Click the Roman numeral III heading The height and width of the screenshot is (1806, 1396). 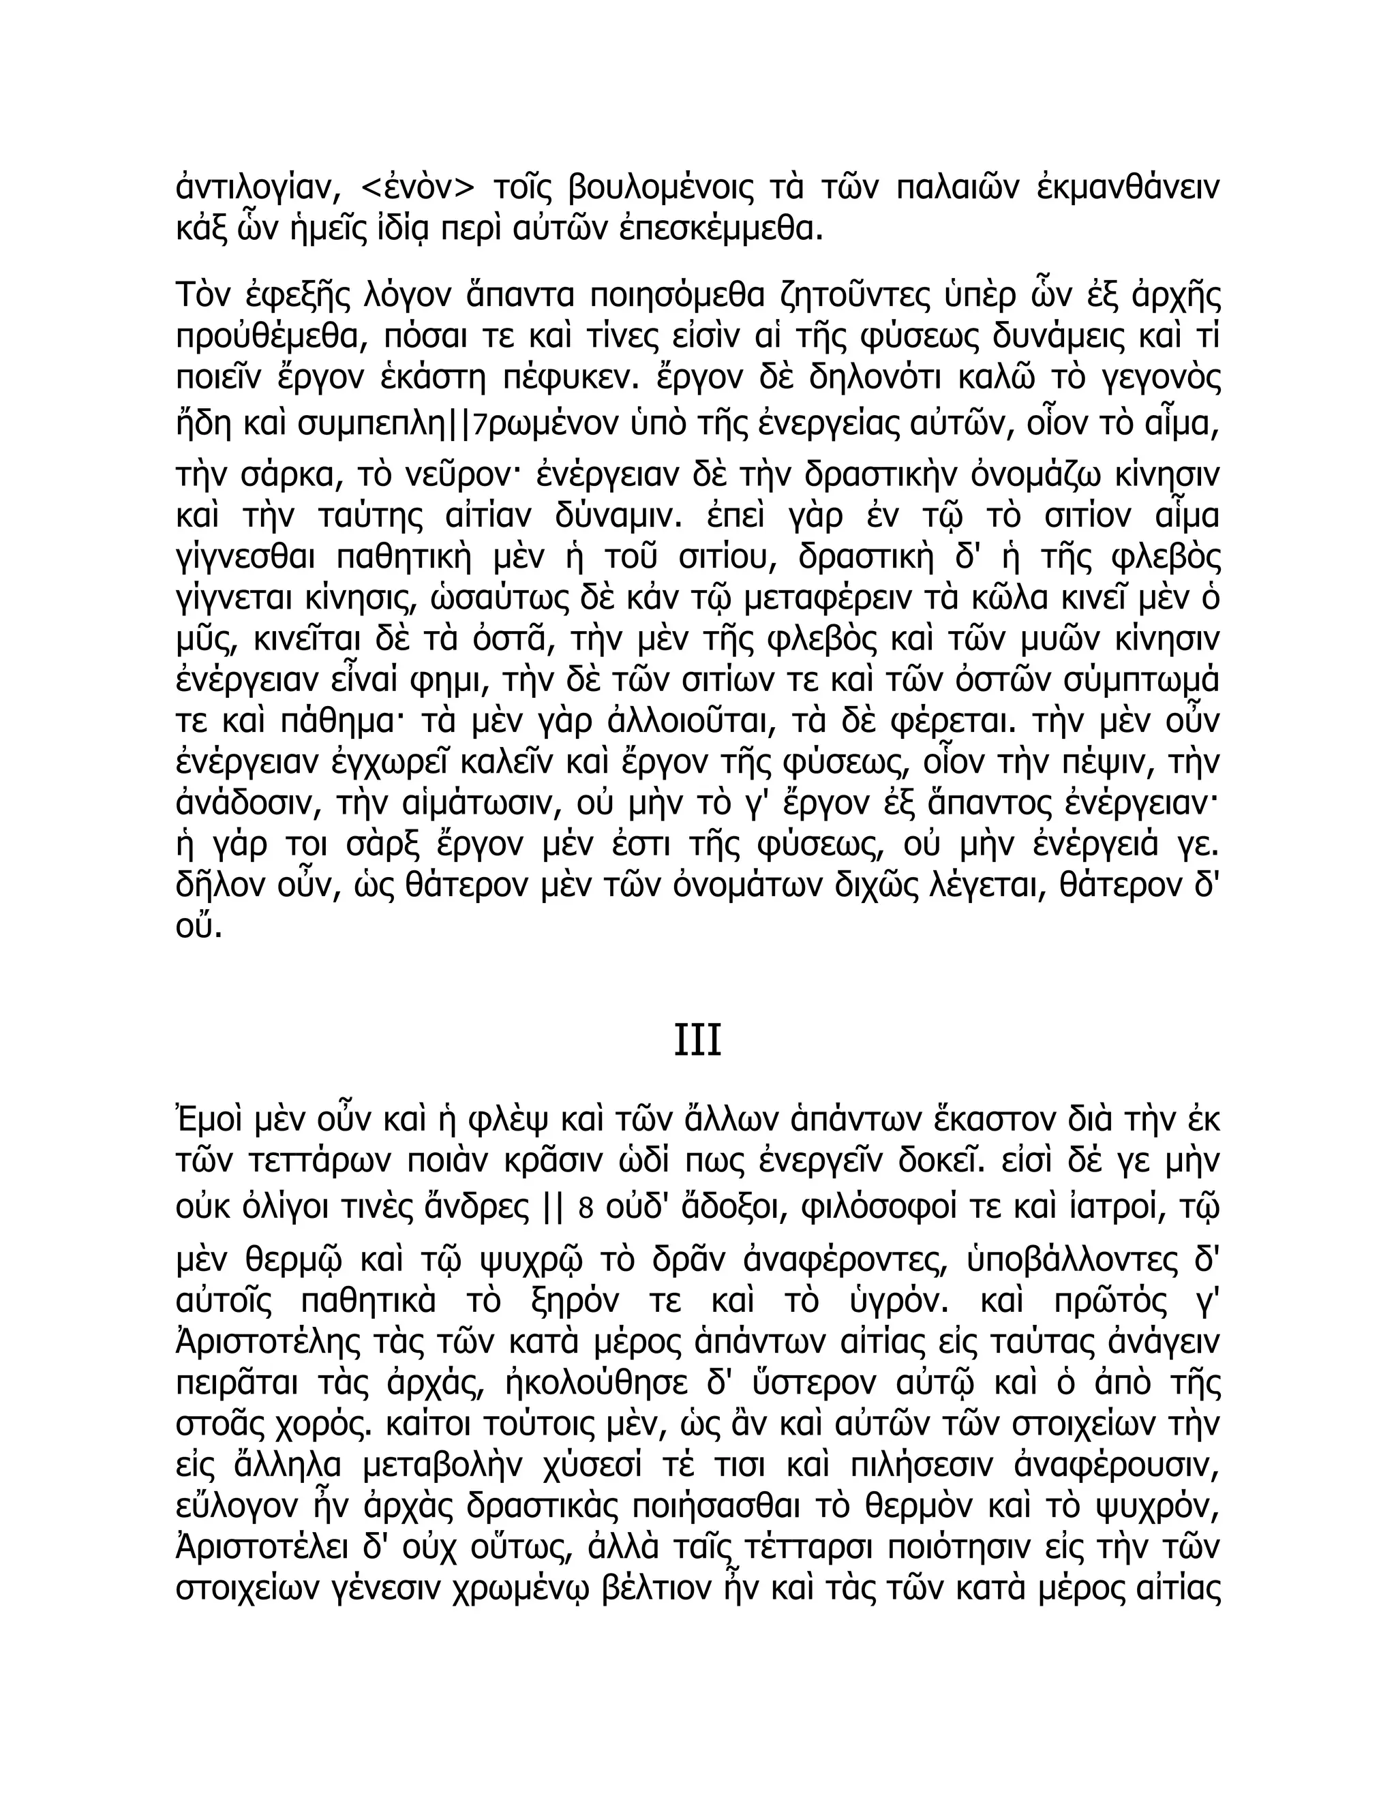(x=697, y=1041)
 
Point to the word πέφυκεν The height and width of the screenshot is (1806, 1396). (x=558, y=380)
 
